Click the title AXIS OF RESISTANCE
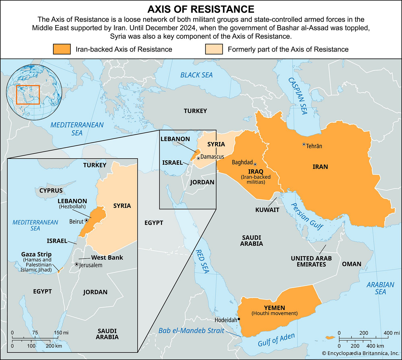[201, 9]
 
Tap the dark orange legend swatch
[62, 49]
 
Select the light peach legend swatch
[214, 49]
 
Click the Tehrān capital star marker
[304, 144]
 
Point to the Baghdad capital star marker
[255, 164]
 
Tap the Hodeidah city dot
[239, 319]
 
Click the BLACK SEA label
[196, 75]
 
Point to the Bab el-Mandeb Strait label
[191, 330]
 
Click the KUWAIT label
[267, 210]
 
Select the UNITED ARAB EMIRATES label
[311, 261]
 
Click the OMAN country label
[351, 264]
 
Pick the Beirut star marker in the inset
[86, 220]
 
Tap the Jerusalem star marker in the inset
[76, 264]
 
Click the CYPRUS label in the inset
[51, 190]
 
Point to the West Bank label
[107, 257]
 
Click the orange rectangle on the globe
[28, 95]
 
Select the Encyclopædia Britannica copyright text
[360, 353]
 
